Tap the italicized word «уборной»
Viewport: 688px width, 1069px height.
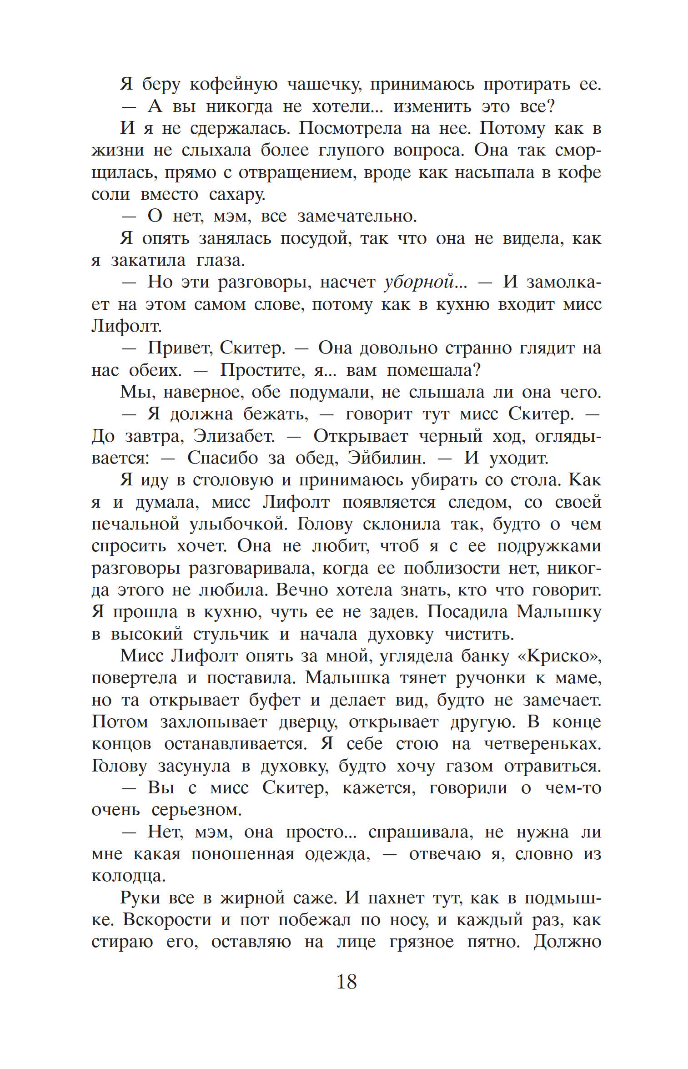(x=419, y=282)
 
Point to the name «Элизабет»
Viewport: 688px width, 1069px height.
(x=234, y=437)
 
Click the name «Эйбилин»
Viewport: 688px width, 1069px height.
(x=387, y=459)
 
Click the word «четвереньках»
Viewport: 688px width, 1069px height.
(x=542, y=745)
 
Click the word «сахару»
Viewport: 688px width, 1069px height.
(x=237, y=195)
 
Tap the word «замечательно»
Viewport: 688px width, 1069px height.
(x=357, y=217)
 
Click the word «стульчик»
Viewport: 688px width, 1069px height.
(x=231, y=635)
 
